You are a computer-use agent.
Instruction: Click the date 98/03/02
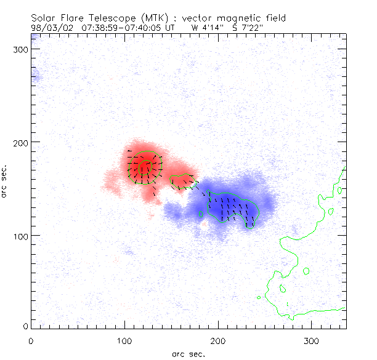tap(50, 27)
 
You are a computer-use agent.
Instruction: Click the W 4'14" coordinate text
tap(208, 27)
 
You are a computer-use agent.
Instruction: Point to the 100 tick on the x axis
tap(124, 340)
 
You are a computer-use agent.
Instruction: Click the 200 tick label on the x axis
tap(218, 340)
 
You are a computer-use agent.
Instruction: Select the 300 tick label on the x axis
tap(311, 340)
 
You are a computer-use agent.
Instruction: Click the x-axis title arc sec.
tap(188, 353)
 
